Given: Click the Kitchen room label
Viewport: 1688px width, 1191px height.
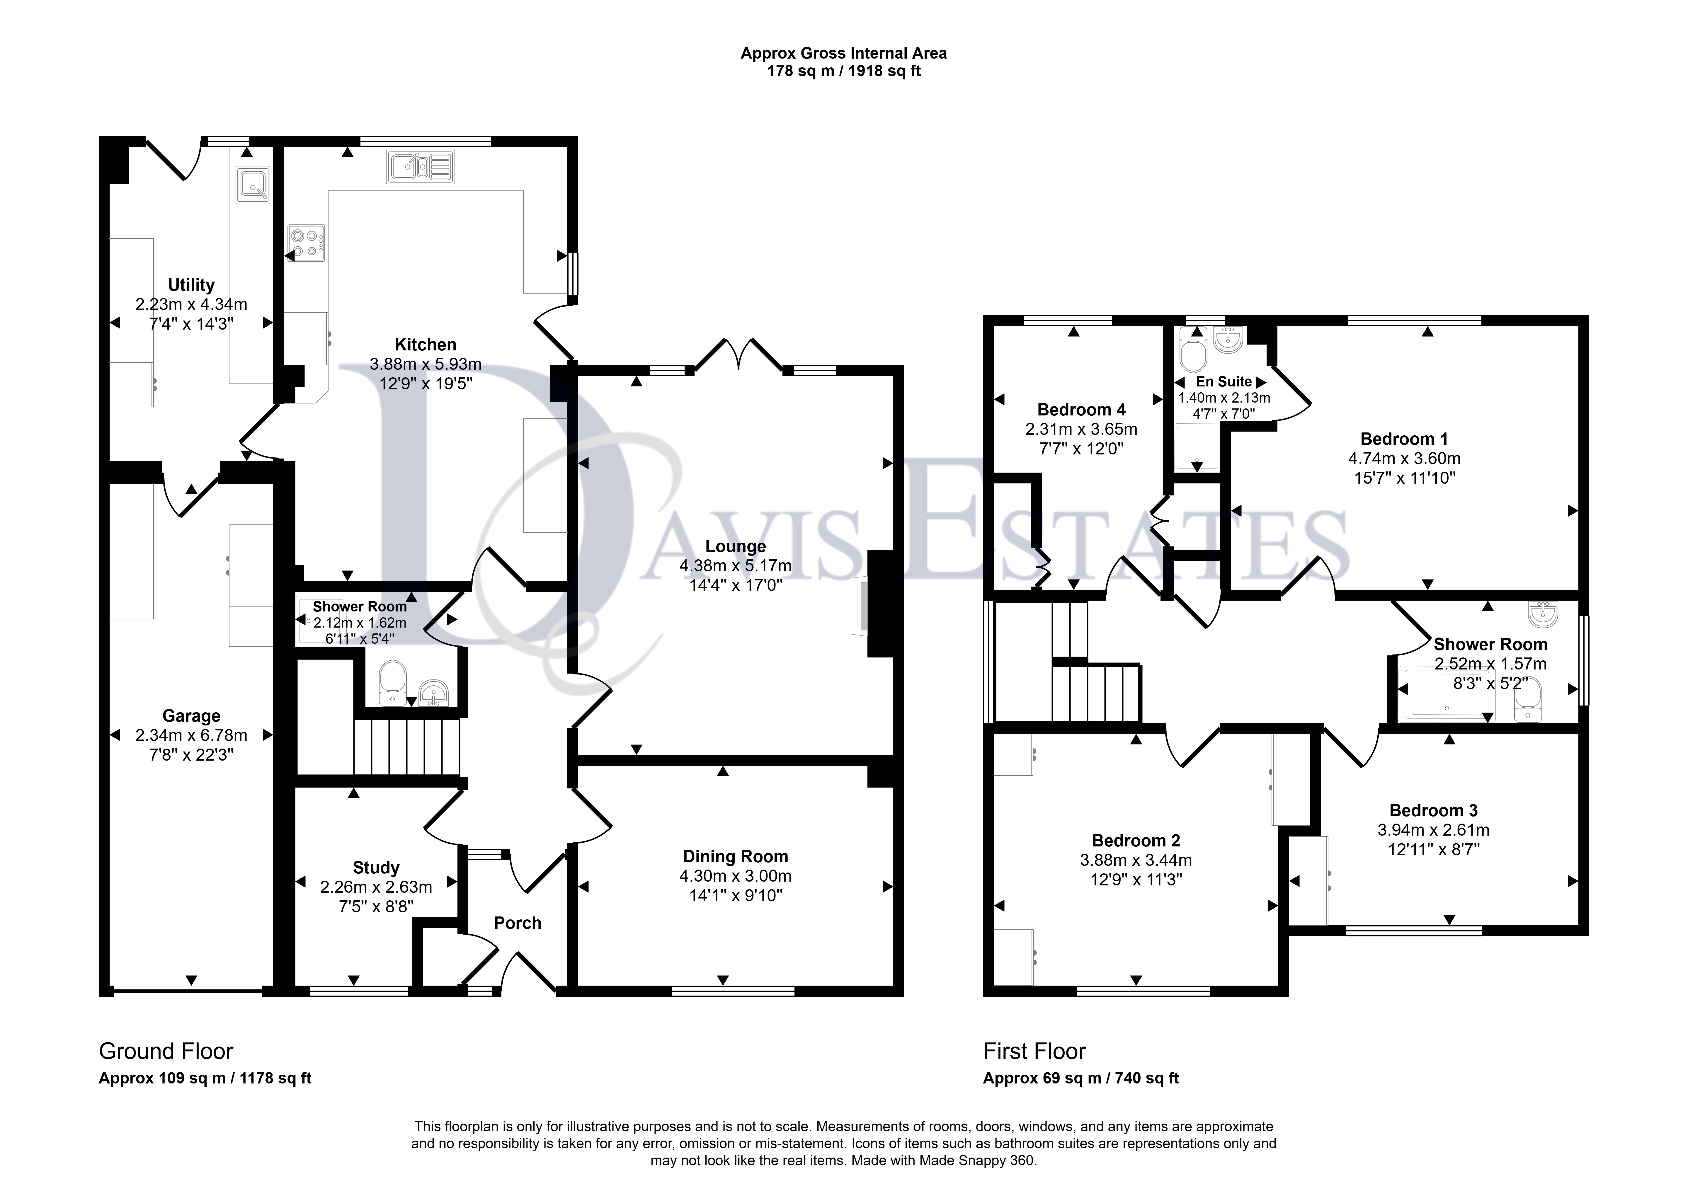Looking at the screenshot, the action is (425, 344).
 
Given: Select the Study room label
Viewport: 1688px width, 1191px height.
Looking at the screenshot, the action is (376, 868).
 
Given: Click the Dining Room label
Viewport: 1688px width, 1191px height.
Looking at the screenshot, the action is (735, 856).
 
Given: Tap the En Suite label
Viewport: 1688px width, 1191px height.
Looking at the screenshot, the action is (1223, 381).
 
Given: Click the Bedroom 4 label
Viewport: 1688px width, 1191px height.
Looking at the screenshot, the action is (1081, 410).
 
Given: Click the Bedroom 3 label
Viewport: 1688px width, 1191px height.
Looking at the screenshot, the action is (1434, 810).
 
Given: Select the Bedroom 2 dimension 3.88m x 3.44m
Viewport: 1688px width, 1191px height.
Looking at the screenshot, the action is (1136, 860).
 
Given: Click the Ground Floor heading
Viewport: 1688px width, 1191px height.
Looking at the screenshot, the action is (166, 1051).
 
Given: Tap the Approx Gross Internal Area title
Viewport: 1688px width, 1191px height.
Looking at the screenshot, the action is (843, 53).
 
